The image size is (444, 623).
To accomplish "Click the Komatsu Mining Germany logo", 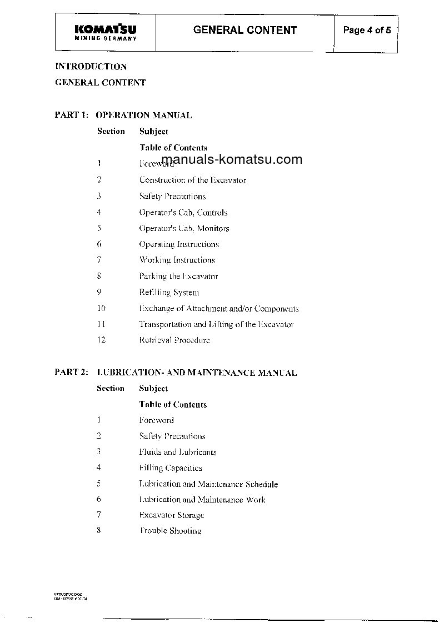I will tap(105, 32).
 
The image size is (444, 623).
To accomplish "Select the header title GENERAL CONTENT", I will tap(245, 31).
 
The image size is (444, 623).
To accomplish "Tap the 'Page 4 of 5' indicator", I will tap(367, 31).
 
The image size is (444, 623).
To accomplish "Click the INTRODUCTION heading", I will tap(91, 67).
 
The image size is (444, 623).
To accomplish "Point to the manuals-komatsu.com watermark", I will tap(232, 160).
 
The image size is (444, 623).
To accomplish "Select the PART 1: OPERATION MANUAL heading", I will tap(123, 115).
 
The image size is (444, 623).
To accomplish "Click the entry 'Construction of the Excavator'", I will tap(192, 180).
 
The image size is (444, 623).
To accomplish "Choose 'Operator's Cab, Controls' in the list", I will tap(183, 212).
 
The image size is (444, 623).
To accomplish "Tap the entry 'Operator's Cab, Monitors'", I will tap(184, 228).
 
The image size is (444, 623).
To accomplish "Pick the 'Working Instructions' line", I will tap(177, 260).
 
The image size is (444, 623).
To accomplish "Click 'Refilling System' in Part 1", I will tap(169, 292).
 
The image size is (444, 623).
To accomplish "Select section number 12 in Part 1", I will tap(101, 340).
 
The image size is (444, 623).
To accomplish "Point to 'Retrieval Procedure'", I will tap(174, 340).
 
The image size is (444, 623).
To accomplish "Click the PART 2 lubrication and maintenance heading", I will tap(176, 373).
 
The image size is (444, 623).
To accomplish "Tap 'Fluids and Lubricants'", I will tap(178, 452).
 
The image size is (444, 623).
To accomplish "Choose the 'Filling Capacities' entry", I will tap(171, 468).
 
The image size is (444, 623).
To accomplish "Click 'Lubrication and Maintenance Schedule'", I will tap(208, 484).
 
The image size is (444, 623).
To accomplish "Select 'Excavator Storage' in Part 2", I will tap(172, 515).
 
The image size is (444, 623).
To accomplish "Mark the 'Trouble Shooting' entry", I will tap(171, 531).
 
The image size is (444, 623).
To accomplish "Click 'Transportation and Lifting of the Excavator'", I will tap(216, 324).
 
